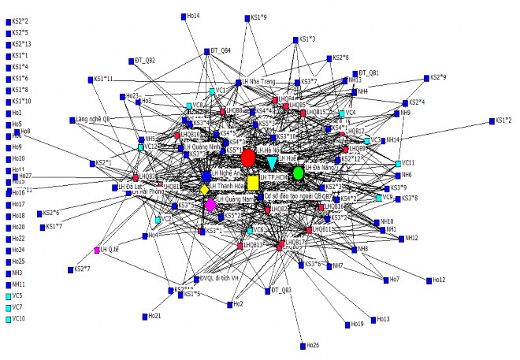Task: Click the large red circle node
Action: (x=248, y=157)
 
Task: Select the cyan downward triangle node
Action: (x=273, y=163)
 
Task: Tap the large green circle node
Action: (x=299, y=173)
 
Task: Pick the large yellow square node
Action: (x=252, y=183)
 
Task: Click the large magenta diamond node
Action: (x=210, y=205)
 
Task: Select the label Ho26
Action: (x=313, y=345)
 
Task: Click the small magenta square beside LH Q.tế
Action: (x=96, y=250)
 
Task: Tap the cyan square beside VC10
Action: (x=8, y=318)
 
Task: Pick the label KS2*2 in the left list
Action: (x=21, y=20)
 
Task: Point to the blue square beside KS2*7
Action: (x=69, y=269)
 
